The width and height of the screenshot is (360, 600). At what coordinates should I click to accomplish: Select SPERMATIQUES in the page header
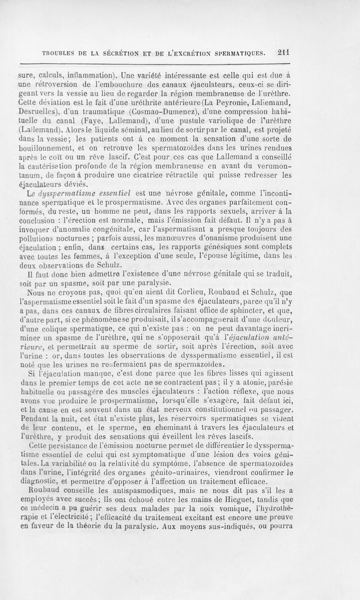pos(244,52)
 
